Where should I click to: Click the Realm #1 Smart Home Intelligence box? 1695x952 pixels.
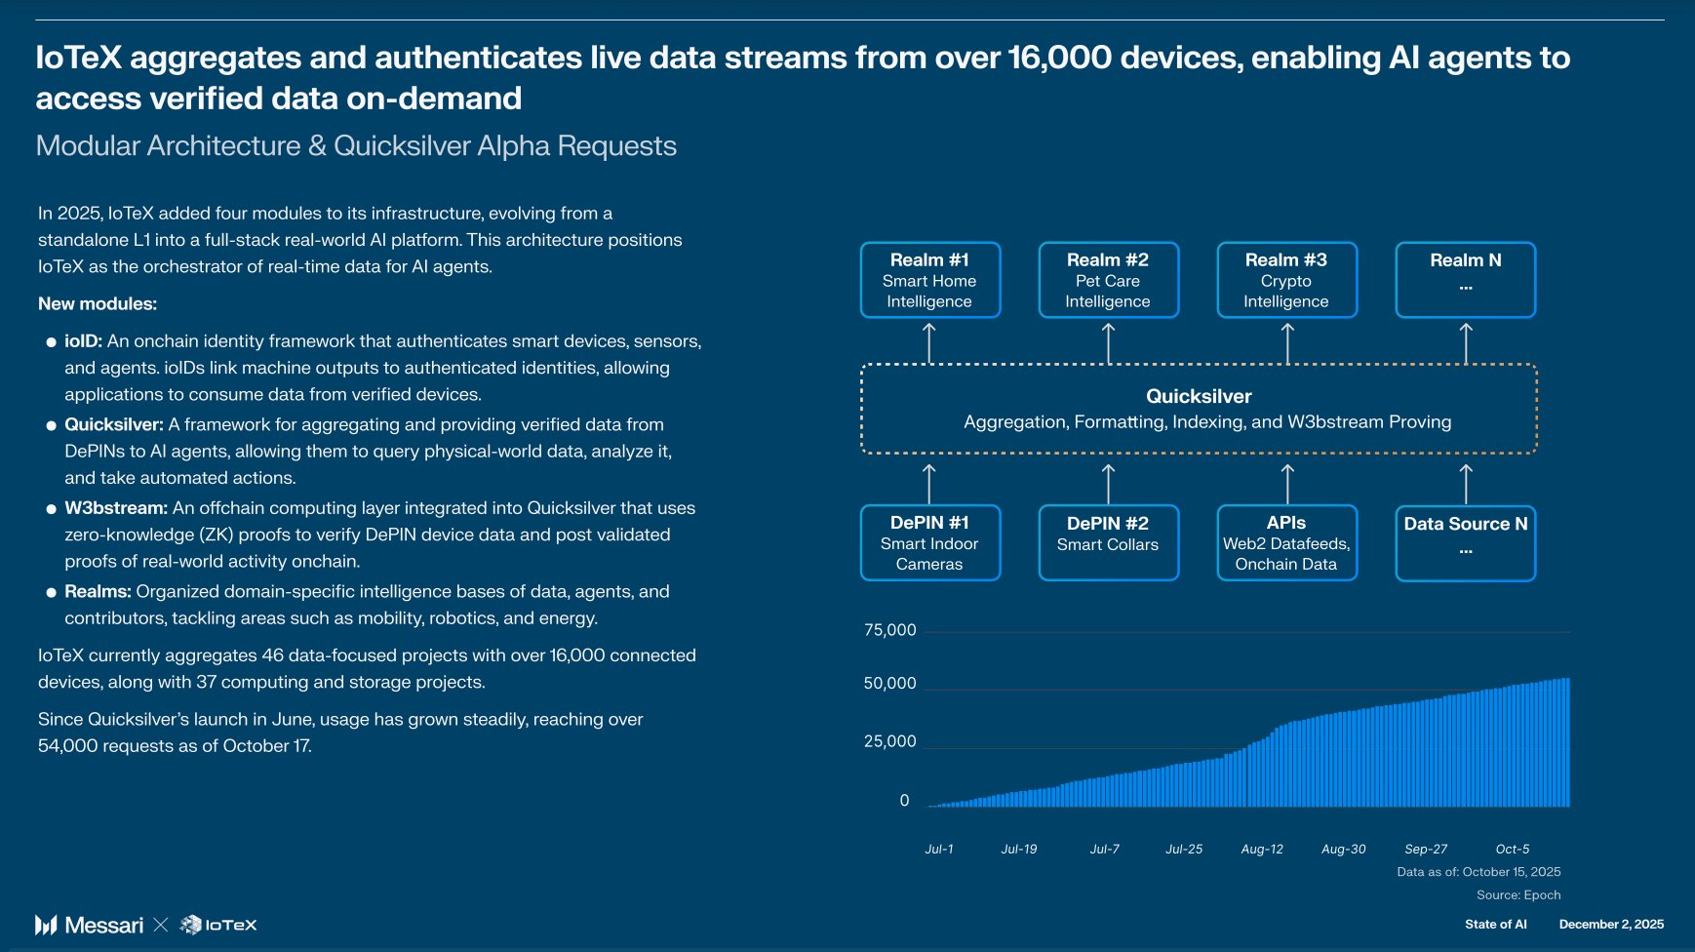(930, 280)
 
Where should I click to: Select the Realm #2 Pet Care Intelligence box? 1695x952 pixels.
(1109, 280)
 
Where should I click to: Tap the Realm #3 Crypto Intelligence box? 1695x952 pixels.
(1287, 280)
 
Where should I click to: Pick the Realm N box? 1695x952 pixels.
(1466, 280)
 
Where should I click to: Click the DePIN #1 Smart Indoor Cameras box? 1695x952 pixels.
(930, 542)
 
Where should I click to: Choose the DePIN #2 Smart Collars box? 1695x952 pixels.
(1109, 542)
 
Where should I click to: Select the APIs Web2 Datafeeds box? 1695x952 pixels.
(1287, 542)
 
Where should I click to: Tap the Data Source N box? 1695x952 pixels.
(1466, 543)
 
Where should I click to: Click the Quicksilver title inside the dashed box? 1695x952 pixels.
(1199, 396)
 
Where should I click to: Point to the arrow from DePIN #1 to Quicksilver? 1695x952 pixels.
(929, 484)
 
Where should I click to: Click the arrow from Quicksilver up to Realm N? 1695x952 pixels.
(1466, 343)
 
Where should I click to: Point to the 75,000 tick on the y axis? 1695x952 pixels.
(890, 630)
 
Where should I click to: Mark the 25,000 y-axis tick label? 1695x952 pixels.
(890, 741)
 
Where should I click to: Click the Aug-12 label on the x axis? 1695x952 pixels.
(1262, 850)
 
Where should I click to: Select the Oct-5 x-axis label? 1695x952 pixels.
(1513, 850)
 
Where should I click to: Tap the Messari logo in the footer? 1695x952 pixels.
(90, 925)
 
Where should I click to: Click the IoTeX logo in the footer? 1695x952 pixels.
(219, 925)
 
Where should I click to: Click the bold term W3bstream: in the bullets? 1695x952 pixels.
(116, 508)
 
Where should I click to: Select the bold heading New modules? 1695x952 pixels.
(98, 303)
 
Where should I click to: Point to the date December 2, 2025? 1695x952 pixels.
(1611, 925)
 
